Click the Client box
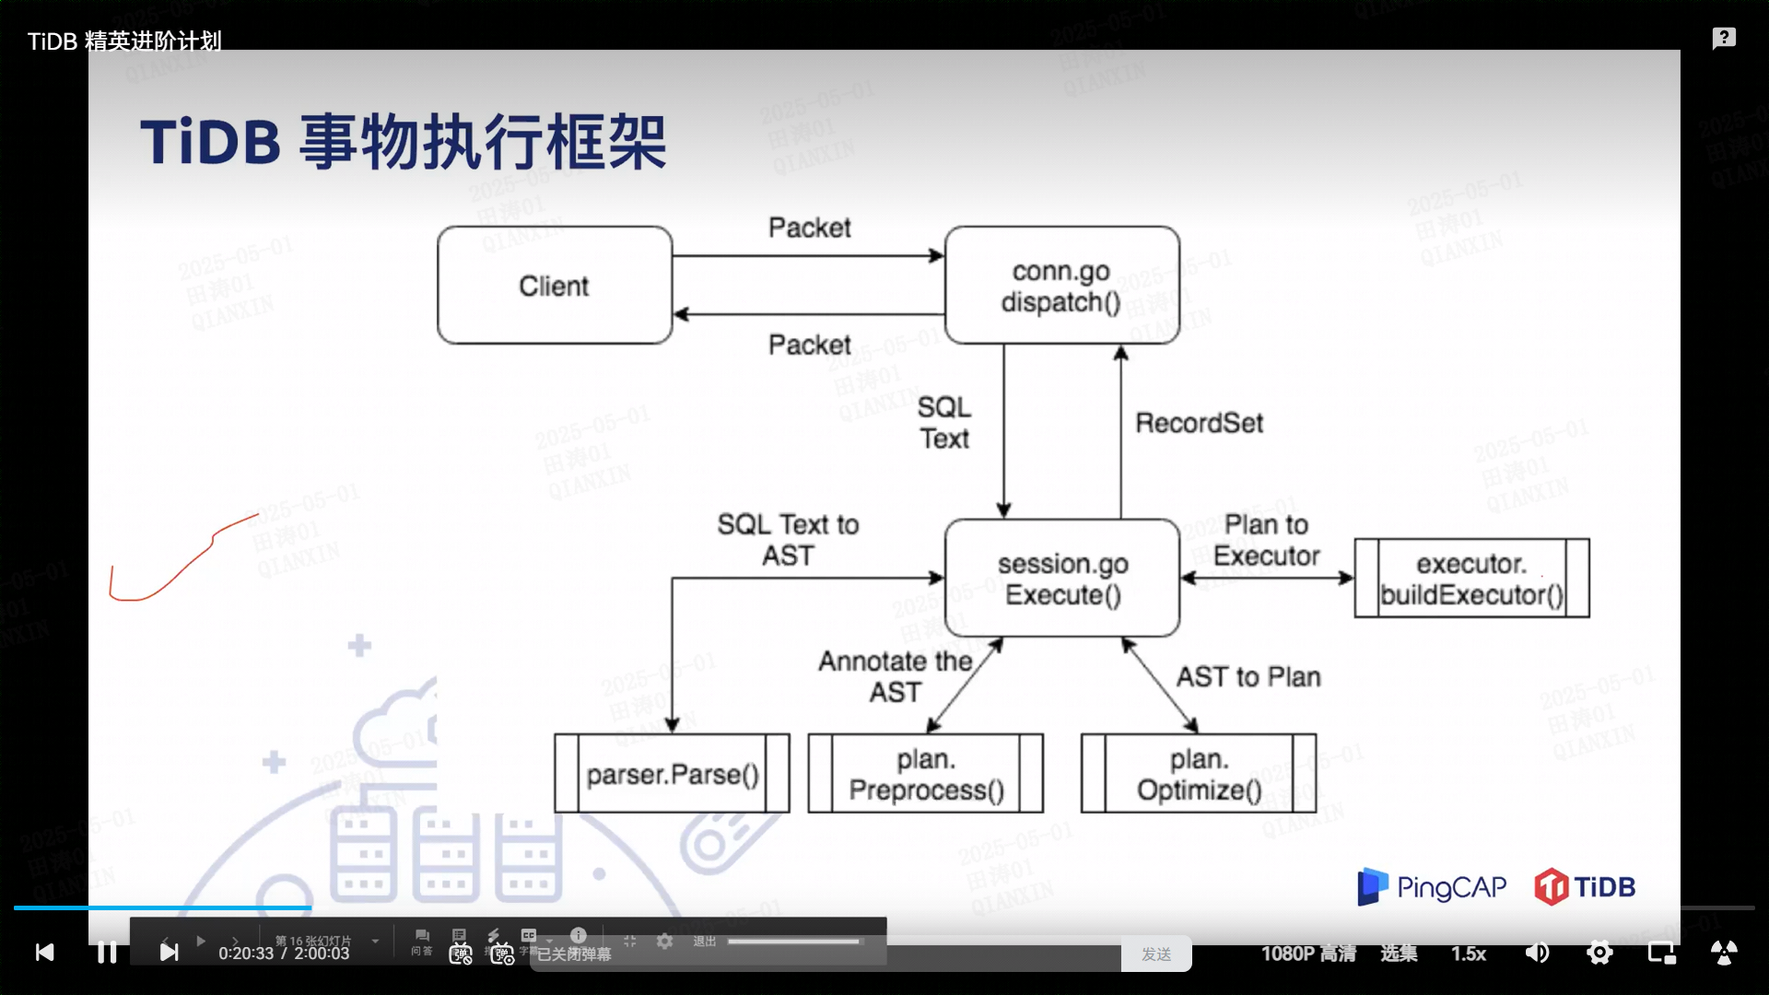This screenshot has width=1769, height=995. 554,286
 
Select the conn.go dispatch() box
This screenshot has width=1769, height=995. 1061,286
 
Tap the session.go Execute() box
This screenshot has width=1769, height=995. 1062,579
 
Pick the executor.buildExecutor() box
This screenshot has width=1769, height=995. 1471,579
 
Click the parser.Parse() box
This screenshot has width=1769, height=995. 672,774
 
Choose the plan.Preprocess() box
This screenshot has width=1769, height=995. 925,774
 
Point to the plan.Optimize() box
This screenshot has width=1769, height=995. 1198,774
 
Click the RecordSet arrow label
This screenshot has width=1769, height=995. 1199,423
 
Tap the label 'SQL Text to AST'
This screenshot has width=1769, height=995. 788,540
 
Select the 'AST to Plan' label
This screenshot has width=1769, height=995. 1248,677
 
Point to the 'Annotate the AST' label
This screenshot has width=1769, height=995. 895,676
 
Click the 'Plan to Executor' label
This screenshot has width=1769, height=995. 1266,540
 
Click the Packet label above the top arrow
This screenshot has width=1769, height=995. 809,228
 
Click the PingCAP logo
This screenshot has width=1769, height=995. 1432,886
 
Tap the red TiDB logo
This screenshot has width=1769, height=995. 1585,886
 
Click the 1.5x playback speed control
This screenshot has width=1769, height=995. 1469,954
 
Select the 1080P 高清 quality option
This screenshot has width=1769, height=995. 1308,954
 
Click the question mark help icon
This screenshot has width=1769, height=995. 1724,38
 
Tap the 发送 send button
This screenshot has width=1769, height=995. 1155,954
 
